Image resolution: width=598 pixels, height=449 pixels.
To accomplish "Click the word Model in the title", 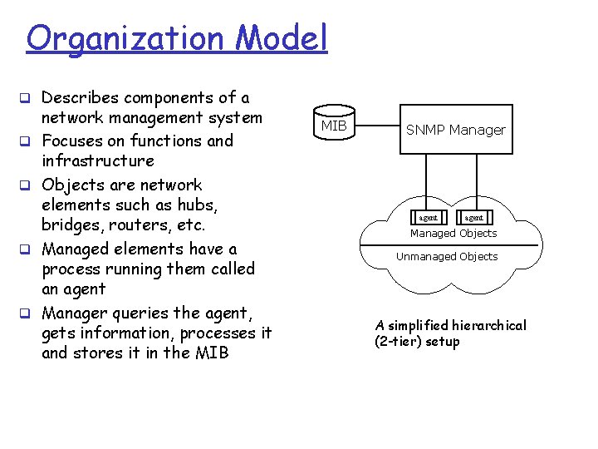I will pos(282,38).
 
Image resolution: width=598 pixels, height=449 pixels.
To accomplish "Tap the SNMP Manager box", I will pos(455,130).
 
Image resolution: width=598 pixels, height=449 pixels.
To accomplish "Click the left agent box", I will pos(429,217).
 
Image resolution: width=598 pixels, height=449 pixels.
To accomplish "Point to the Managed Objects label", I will pos(453,234).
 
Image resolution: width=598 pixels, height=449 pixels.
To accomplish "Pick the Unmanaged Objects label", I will pos(447,257).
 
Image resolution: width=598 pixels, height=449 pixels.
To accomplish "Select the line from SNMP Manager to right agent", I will pos(478,182).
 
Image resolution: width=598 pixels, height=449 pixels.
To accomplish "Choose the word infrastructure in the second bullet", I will pos(98,161).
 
